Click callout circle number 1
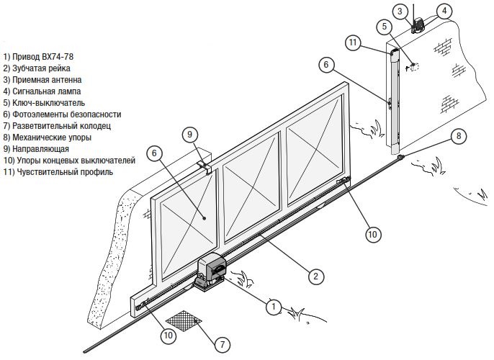click(273, 306)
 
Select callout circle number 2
click(314, 274)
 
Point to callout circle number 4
click(446, 11)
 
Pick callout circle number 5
click(385, 27)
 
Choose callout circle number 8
click(457, 137)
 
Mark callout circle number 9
click(189, 134)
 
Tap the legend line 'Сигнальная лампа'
click(42, 91)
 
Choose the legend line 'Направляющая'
click(34, 148)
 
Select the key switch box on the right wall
click(413, 68)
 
